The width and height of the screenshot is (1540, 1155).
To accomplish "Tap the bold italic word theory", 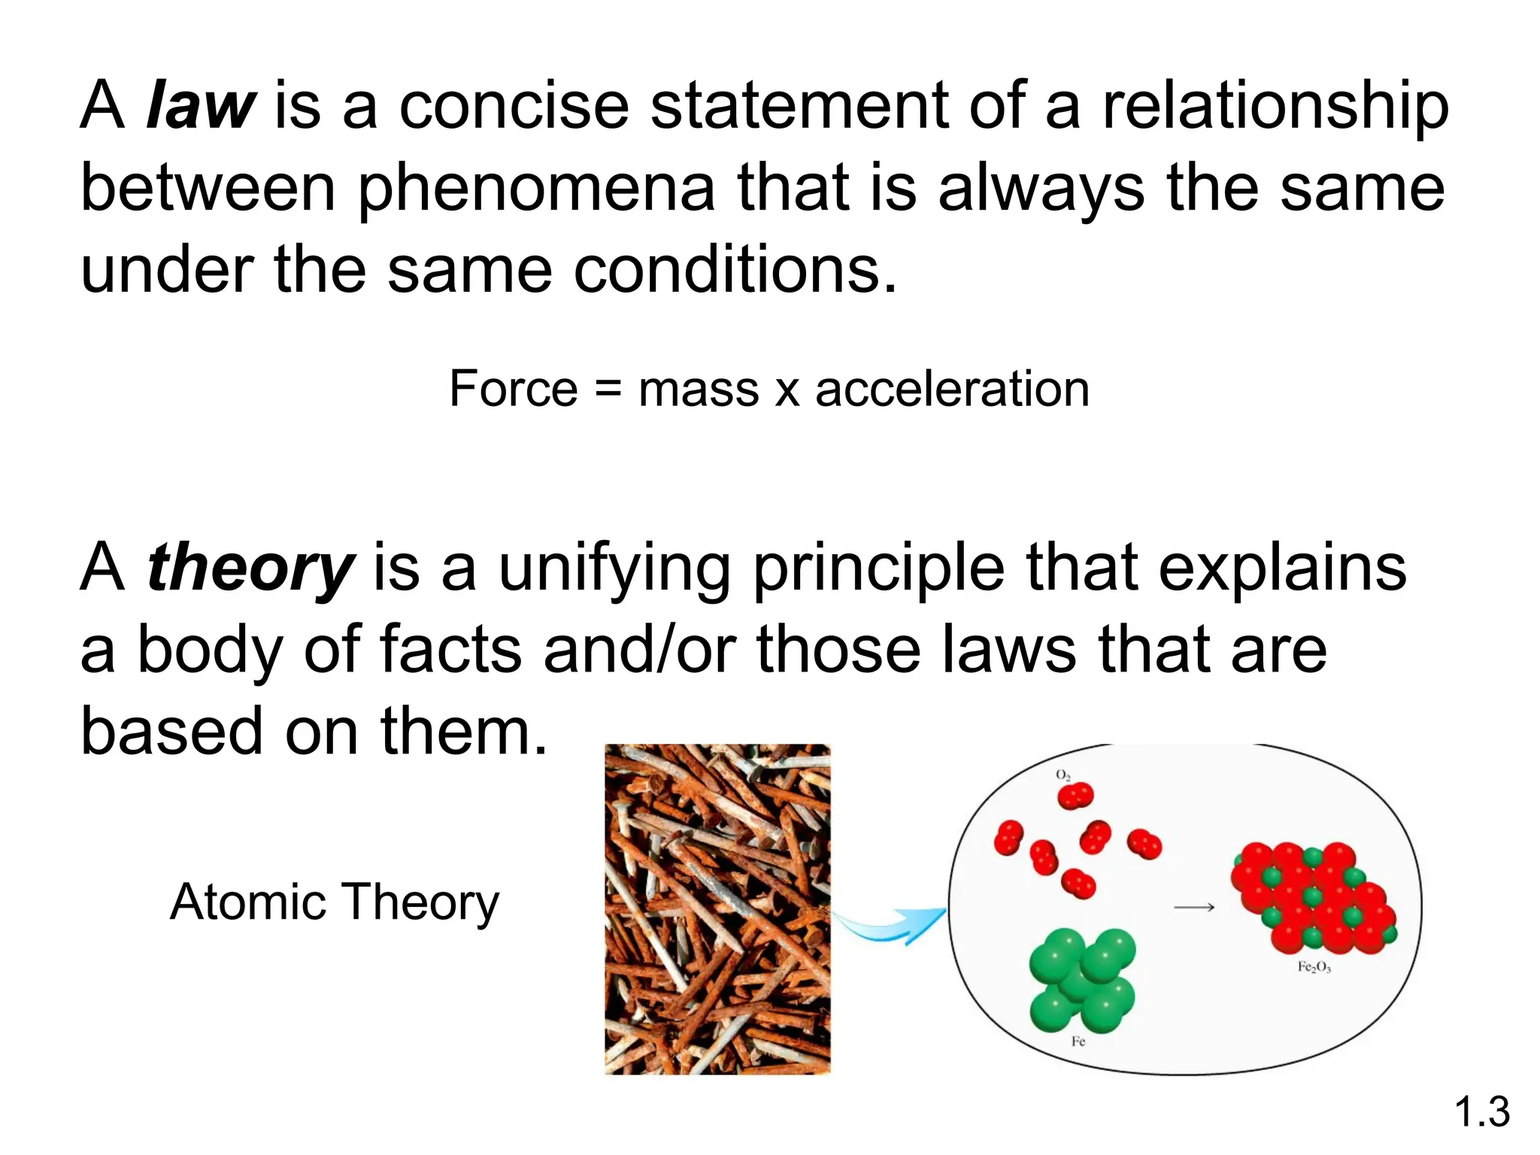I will (250, 568).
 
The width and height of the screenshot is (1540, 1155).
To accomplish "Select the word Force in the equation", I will (513, 389).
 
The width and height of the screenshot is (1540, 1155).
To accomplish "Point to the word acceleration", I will (952, 389).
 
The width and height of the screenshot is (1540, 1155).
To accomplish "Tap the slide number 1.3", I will (1481, 1111).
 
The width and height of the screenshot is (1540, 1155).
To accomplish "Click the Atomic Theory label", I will (335, 902).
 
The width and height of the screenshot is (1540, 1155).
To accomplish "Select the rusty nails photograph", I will (717, 908).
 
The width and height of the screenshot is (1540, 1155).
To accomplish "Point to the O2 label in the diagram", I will (1063, 775).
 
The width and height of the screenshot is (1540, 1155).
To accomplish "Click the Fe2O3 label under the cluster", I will (1314, 967).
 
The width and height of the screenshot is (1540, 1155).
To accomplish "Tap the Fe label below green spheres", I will (1078, 1041).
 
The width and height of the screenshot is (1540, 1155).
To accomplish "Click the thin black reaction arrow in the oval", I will (1194, 908).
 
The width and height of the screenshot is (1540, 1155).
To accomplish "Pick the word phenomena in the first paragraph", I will (536, 189).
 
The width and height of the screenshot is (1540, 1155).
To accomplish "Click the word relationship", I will (1275, 106).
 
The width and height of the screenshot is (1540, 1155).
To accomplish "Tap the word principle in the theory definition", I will (878, 568).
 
